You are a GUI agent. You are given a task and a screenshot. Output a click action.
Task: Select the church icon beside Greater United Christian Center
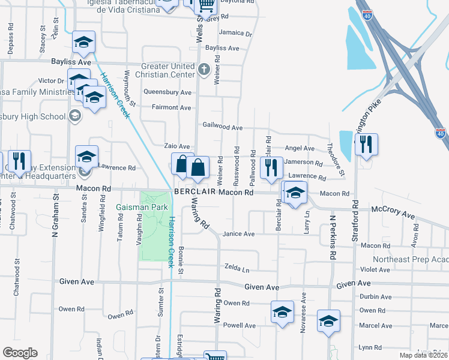[x=203, y=68]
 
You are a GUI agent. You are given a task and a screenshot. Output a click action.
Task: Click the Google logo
[x=20, y=353]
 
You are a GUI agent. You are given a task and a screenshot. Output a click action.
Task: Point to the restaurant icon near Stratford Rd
[x=366, y=145]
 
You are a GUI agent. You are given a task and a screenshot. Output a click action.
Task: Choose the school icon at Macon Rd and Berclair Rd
[x=294, y=193]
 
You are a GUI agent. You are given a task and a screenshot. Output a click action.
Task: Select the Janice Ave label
[x=239, y=234]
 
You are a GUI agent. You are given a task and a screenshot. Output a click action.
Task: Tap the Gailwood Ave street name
[x=222, y=128]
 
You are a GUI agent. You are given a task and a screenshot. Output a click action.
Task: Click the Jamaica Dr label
[x=235, y=33]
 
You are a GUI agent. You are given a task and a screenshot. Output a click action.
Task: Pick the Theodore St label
[x=336, y=160]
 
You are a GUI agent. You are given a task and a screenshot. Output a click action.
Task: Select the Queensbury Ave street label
[x=167, y=92]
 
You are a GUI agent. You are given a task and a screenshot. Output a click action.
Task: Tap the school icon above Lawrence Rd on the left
[x=86, y=157]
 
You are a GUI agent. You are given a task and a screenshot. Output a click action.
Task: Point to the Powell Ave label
[x=239, y=325]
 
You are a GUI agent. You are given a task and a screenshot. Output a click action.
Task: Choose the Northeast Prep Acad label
[x=411, y=259]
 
